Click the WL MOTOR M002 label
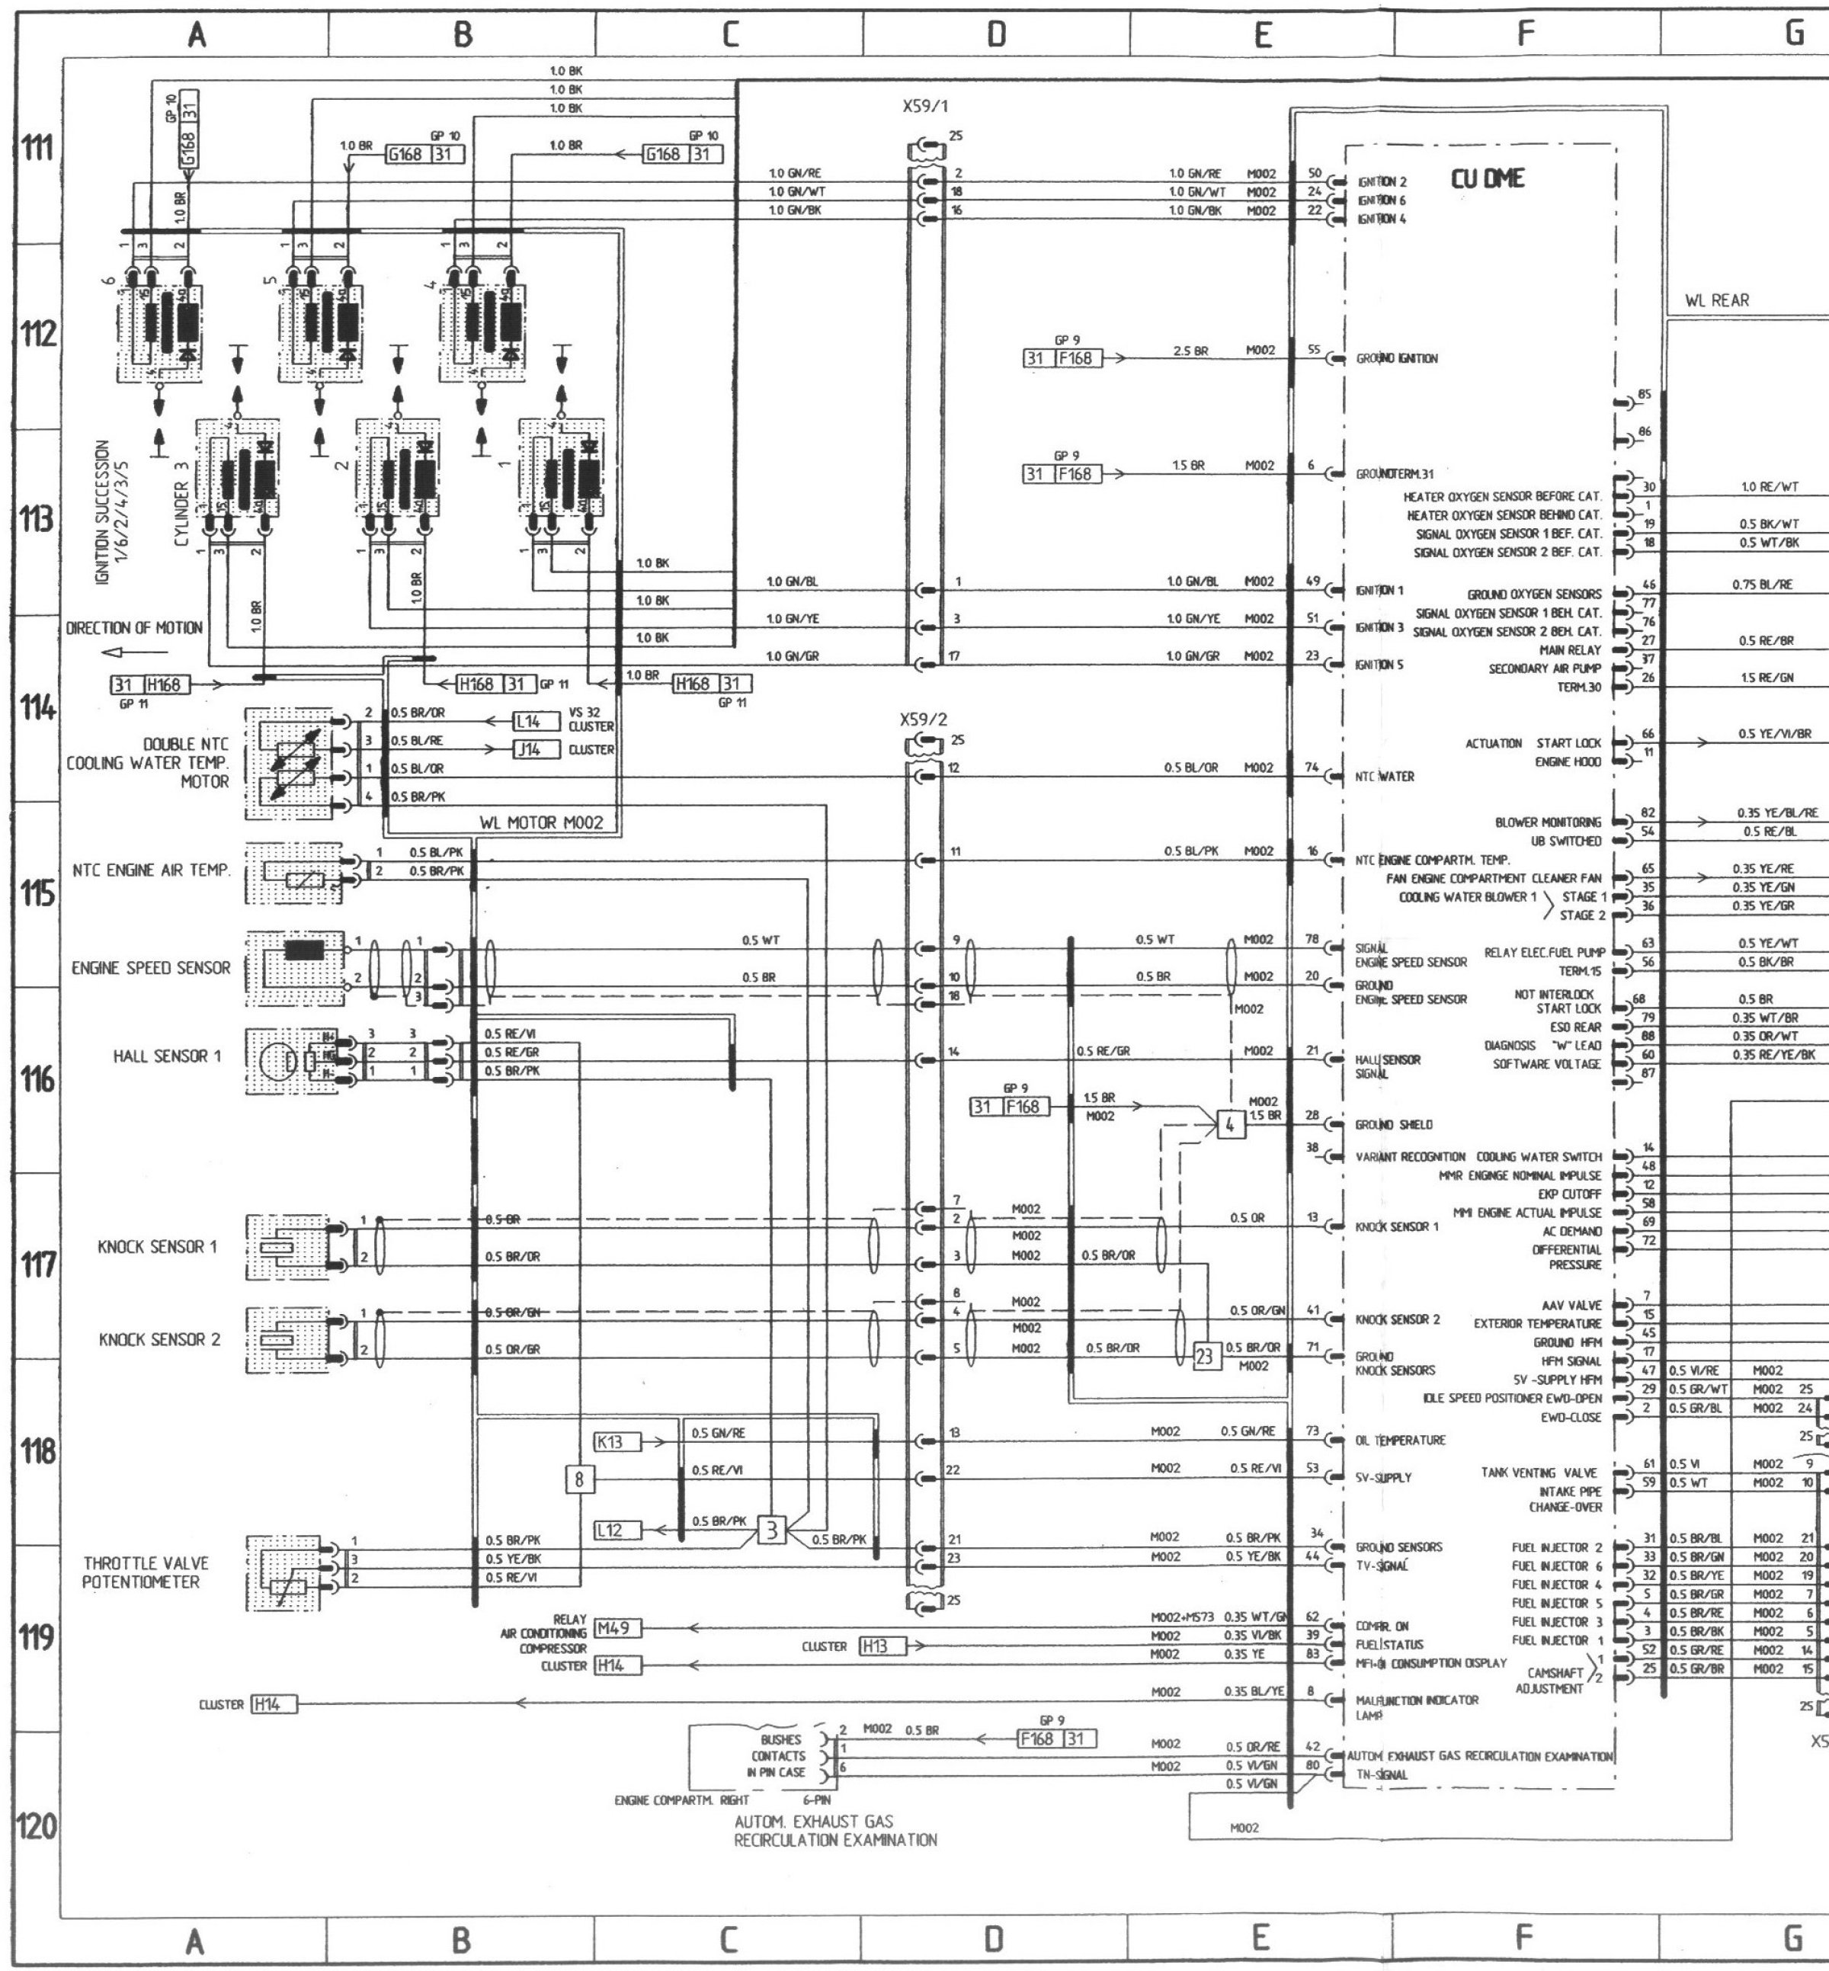tap(541, 822)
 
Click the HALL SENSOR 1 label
tap(167, 1056)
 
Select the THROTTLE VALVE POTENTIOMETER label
tap(146, 1571)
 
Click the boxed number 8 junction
tap(579, 1479)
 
